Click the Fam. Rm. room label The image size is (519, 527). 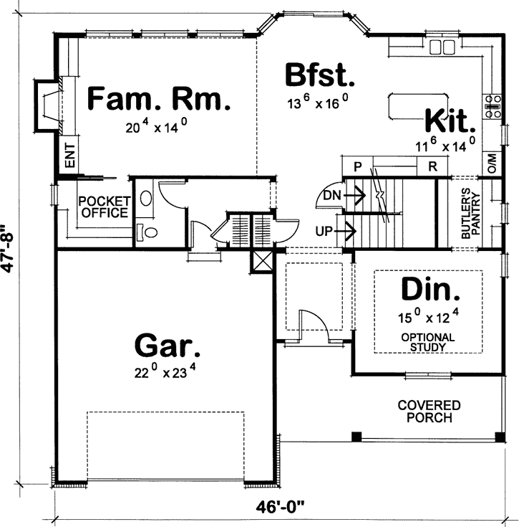pos(158,99)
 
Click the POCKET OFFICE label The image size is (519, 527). pos(104,206)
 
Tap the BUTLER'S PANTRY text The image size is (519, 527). pos(470,214)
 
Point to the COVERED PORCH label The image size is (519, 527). pos(430,412)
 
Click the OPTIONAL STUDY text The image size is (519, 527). pos(428,342)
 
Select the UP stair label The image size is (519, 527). pos(324,231)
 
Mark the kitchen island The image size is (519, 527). pos(407,106)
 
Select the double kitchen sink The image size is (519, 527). pos(443,47)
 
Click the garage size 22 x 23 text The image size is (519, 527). pos(166,372)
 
